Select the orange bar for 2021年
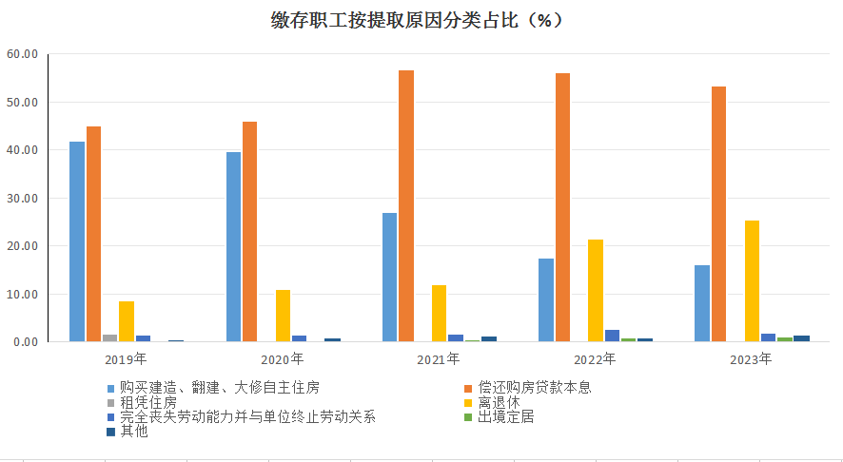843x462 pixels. [x=406, y=205]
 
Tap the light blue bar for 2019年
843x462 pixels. [x=77, y=241]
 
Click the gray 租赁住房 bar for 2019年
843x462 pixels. [x=110, y=337]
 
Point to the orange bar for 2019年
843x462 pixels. [x=93, y=234]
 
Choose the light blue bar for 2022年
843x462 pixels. [x=546, y=299]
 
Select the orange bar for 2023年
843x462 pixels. [x=718, y=214]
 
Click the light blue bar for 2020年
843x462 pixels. [x=233, y=246]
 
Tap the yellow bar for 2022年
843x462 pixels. [x=596, y=290]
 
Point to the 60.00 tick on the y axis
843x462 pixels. [x=21, y=54]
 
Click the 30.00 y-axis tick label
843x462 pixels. [x=21, y=198]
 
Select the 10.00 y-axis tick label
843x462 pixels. [x=21, y=294]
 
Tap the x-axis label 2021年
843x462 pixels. [x=439, y=359]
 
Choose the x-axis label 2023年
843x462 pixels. [x=751, y=359]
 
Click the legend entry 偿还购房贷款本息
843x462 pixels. [x=534, y=388]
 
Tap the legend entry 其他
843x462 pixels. [x=134, y=431]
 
